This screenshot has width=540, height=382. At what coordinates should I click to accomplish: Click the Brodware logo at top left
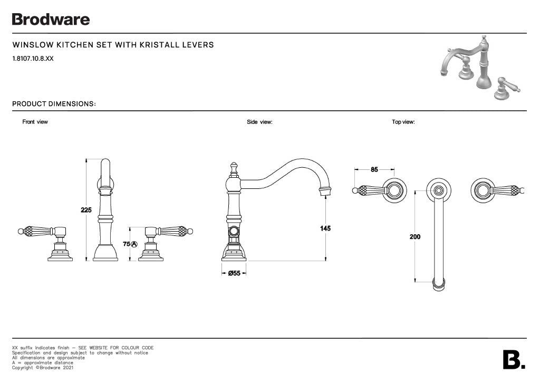click(51, 20)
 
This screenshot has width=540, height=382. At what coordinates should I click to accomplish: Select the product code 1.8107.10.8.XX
click(33, 59)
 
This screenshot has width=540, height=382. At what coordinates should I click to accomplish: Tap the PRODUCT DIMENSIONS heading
click(54, 104)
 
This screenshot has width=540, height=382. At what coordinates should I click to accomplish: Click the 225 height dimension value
click(86, 210)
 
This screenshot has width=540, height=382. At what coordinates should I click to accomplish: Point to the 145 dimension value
click(325, 228)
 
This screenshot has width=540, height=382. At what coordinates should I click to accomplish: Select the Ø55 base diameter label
click(234, 273)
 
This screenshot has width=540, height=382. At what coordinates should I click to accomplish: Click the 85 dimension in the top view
click(374, 169)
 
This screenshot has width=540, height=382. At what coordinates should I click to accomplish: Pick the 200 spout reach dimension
click(415, 237)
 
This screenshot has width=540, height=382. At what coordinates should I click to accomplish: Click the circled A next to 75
click(134, 244)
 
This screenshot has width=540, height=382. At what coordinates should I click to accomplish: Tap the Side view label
click(259, 122)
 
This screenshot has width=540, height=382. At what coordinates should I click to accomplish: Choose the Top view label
click(403, 122)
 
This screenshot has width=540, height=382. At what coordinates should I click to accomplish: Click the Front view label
click(35, 122)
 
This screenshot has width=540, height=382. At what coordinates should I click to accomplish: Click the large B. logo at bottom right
click(514, 360)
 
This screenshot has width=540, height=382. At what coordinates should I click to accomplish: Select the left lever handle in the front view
click(38, 231)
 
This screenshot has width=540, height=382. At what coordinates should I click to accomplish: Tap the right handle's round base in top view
click(483, 190)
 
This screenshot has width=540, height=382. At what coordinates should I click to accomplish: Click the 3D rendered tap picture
click(480, 68)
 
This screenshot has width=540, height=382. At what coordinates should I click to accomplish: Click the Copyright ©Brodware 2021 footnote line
click(43, 368)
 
